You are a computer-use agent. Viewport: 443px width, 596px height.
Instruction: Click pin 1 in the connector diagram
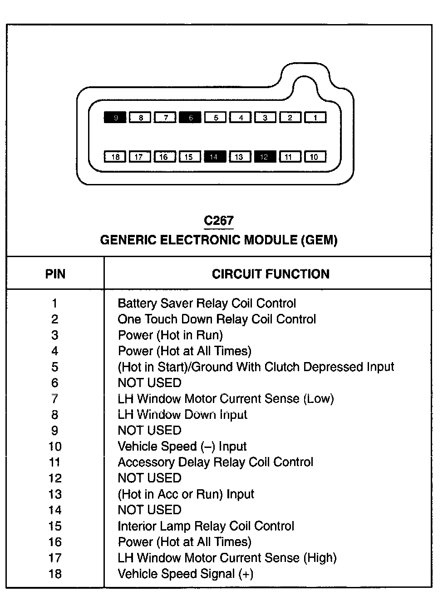coord(315,118)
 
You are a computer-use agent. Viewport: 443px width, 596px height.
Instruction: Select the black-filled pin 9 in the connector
coord(115,118)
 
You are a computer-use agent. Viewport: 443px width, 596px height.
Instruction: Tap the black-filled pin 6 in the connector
coord(191,118)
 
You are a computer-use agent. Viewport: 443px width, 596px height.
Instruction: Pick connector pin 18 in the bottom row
coord(115,157)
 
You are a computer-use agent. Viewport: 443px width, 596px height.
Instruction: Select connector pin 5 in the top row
coord(216,118)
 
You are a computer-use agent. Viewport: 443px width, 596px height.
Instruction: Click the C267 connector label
coord(219,221)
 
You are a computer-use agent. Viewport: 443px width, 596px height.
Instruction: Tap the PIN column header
coord(55,274)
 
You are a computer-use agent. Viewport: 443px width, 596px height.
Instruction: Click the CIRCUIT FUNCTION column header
coord(271,274)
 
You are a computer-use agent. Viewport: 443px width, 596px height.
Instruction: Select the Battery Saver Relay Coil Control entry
coord(207,303)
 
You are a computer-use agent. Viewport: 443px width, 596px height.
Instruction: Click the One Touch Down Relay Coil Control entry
coord(217,319)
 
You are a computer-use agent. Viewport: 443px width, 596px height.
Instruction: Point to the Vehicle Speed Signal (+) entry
coord(185,574)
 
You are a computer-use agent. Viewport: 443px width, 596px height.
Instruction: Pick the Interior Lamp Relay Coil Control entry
coord(206,526)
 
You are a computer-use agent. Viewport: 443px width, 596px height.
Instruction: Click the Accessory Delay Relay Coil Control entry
coord(215,462)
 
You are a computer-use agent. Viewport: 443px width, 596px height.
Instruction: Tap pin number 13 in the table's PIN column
coord(55,494)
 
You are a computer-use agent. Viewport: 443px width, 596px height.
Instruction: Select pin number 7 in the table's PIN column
coord(55,399)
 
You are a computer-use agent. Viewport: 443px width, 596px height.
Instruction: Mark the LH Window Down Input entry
coord(182,414)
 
